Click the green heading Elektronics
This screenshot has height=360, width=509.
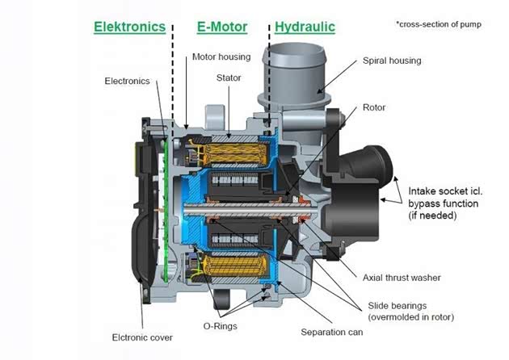click(x=130, y=27)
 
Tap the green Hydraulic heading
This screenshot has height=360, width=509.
click(x=305, y=27)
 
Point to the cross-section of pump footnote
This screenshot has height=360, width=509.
click(x=438, y=24)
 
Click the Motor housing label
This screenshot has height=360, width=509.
click(x=221, y=57)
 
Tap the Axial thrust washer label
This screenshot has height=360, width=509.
click(x=401, y=278)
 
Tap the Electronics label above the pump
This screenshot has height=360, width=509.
click(x=127, y=81)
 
